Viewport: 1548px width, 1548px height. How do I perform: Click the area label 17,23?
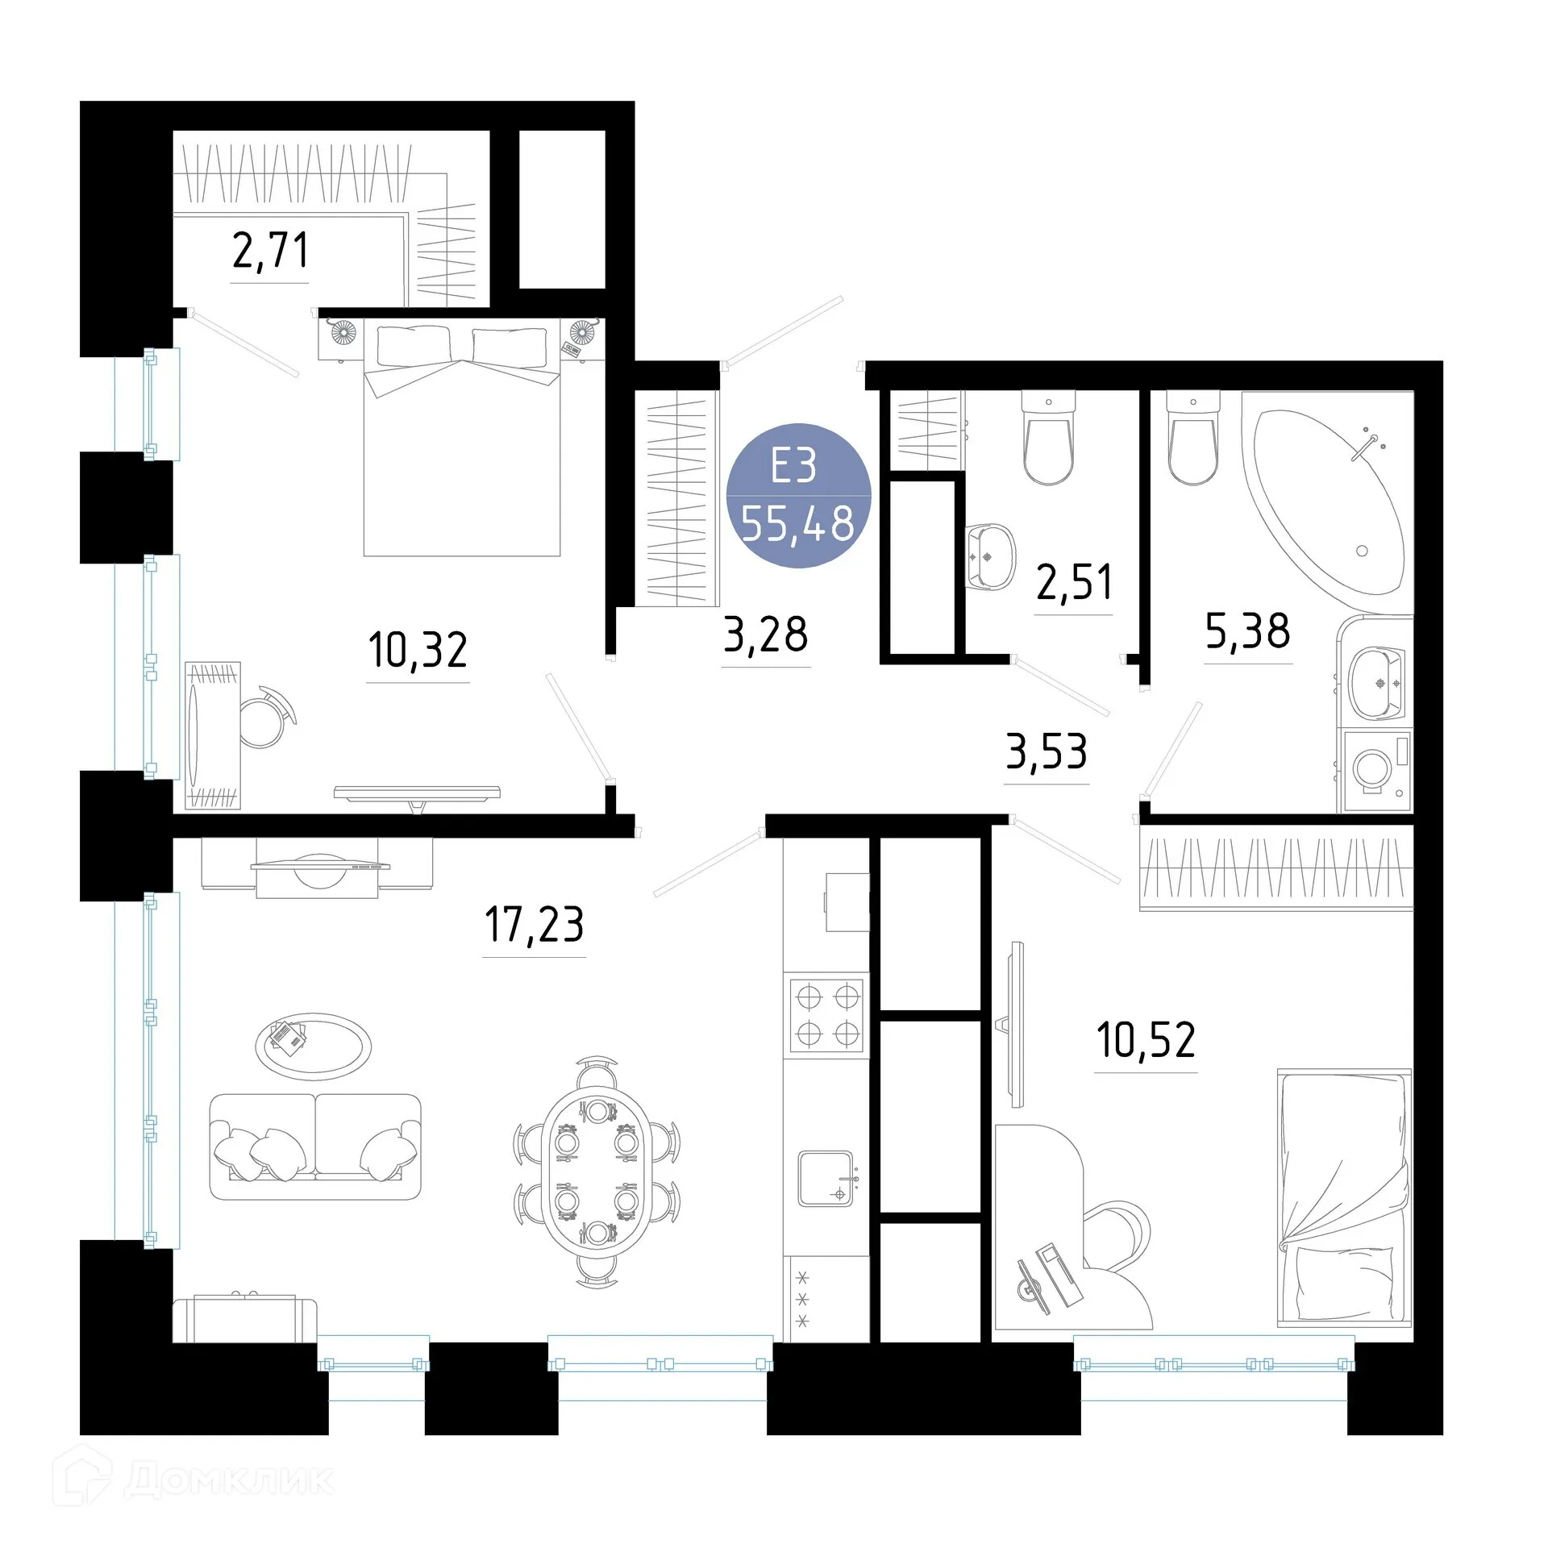click(534, 924)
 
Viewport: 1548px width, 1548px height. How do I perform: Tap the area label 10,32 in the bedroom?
click(418, 650)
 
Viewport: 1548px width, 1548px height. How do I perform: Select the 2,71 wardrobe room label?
click(270, 250)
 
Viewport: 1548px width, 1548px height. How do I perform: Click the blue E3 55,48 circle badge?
click(798, 495)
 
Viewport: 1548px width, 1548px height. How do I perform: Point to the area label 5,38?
click(1247, 630)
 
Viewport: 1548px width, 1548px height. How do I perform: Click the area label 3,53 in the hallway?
click(1047, 751)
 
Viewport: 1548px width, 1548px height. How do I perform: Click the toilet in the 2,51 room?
click(1048, 439)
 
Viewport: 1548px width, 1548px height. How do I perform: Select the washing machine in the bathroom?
click(1375, 770)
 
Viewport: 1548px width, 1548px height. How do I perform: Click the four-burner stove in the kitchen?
click(827, 1016)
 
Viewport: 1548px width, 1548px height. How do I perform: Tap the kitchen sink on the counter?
click(826, 1179)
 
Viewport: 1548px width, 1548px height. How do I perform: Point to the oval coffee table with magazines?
click(314, 1047)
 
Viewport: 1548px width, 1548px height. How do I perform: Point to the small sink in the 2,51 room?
click(990, 556)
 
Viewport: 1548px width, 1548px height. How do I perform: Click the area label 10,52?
click(1146, 1040)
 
